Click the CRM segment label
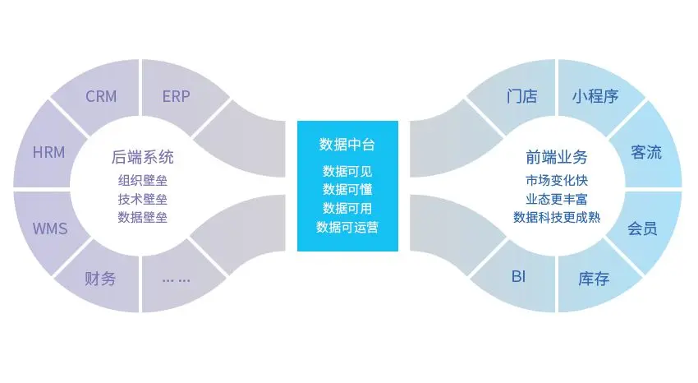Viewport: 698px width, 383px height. pos(101,96)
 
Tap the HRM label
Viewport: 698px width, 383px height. pos(48,152)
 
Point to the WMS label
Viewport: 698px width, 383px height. pos(49,228)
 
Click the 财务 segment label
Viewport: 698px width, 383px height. pos(100,278)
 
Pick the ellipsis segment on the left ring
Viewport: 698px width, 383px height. pos(176,279)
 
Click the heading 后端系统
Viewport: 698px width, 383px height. pos(143,157)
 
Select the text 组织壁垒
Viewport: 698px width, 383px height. pos(143,181)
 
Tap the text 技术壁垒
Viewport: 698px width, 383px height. pos(143,199)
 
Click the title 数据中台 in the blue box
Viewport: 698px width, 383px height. pos(347,145)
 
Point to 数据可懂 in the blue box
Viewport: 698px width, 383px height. pos(347,189)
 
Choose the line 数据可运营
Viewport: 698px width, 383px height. pos(347,227)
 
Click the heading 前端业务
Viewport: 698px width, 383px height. pos(557,157)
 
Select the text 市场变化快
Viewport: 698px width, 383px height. pos(557,181)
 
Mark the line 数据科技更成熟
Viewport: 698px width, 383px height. pos(557,218)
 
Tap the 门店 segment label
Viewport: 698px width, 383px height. pos(521,96)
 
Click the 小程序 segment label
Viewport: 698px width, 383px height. pos(595,96)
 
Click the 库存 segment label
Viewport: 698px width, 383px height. pos(594,279)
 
